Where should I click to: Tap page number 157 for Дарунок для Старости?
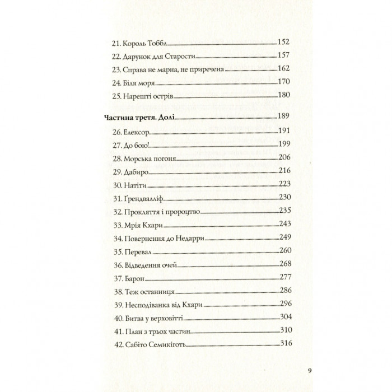click(x=284, y=56)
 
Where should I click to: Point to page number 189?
click(x=284, y=116)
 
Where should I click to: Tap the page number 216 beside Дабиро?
click(x=284, y=172)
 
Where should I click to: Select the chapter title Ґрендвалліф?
click(x=144, y=199)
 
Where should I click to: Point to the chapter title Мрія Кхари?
click(x=144, y=225)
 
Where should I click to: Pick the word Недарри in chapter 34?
click(x=190, y=239)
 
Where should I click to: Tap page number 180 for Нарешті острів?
click(x=284, y=95)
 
